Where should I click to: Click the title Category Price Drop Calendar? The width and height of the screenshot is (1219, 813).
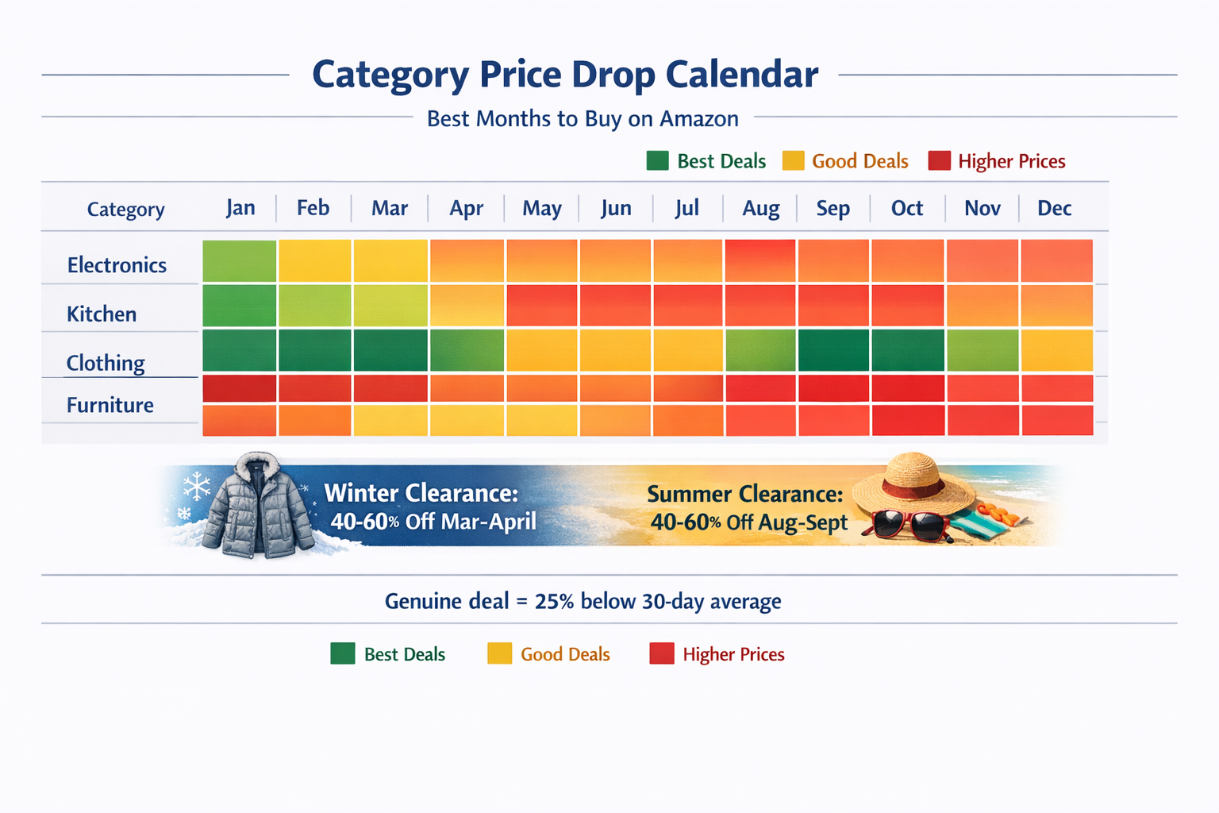pos(564,75)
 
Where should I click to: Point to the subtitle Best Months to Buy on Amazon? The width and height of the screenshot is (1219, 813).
pos(583,119)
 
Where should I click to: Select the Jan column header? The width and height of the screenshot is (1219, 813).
pos(240,208)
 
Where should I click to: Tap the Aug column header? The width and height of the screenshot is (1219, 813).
pos(760,209)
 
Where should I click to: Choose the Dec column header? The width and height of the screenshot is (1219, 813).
pos(1054,209)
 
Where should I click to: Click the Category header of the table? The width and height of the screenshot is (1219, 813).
pos(126,210)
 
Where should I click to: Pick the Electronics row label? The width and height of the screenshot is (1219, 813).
pos(117,265)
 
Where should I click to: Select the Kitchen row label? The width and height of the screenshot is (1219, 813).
pos(102,314)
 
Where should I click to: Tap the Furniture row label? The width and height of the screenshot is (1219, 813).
pos(110,405)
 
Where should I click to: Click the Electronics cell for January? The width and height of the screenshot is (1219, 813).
pos(240,261)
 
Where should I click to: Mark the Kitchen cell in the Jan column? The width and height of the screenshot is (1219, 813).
pos(240,306)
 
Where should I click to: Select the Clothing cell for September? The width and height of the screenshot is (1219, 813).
pos(833,350)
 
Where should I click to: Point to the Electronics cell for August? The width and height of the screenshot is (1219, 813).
pos(760,261)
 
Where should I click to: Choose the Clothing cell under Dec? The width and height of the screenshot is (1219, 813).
pos(1056,350)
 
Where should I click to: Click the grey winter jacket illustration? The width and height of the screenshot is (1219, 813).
pos(257,506)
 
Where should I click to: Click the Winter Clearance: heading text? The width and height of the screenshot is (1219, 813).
pos(421,493)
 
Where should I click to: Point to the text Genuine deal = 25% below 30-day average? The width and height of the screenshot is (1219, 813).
pos(583,601)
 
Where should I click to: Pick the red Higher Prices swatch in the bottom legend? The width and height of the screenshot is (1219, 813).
pos(661,653)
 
